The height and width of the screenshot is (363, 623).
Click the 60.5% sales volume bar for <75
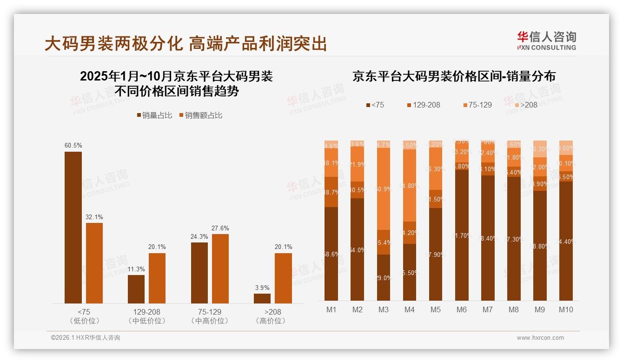pos(73,228)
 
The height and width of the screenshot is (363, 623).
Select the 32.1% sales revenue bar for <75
pos(94,263)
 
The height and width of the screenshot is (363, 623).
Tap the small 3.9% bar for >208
pos(262,298)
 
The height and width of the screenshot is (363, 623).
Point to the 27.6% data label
pos(220,229)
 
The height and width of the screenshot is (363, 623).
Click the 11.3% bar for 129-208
pos(136,289)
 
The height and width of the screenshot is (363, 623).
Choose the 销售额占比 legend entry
pos(200,115)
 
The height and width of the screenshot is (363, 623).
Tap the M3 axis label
pos(383,310)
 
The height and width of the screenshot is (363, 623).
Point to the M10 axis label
pos(566,310)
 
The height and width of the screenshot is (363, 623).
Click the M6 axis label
pos(461,310)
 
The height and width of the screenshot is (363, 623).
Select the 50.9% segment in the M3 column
pos(383,189)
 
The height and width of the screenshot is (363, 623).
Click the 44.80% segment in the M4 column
pos(409,185)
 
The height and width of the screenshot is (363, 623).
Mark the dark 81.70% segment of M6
pos(461,235)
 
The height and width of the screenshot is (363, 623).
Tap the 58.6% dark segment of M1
pos(331,254)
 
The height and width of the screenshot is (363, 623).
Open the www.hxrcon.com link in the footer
pos(540,338)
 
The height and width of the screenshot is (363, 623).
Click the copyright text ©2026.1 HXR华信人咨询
pos(86,338)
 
